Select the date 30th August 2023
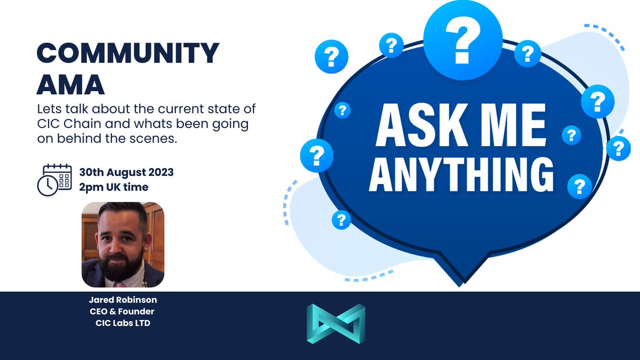tap(126, 173)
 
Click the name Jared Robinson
tap(123, 301)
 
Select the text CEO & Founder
tap(123, 312)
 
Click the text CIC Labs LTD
tap(123, 323)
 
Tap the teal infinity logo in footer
tap(336, 324)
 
